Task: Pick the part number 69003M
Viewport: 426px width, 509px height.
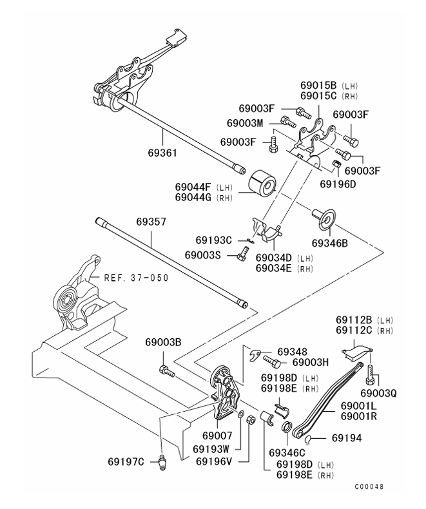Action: [x=244, y=122]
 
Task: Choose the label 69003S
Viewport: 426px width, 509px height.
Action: [x=203, y=255]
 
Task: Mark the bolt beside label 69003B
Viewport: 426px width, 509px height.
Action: [x=166, y=370]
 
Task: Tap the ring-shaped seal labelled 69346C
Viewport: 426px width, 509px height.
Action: [x=287, y=427]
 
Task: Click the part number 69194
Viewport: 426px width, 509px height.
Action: [x=347, y=437]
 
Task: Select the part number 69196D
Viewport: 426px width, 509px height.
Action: [x=338, y=183]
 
